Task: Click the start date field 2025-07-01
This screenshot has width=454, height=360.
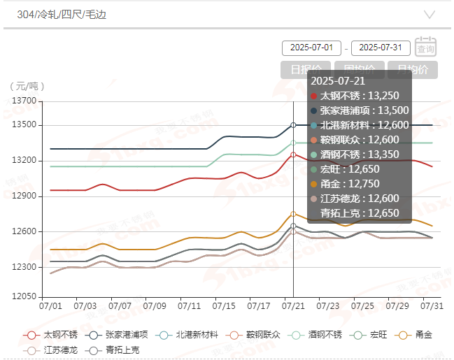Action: (311, 48)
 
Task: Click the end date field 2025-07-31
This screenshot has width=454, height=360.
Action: (381, 48)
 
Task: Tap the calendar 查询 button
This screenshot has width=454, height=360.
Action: (425, 46)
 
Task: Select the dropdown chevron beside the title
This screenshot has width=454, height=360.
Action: (430, 14)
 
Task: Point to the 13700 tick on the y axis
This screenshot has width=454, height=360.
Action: (24, 101)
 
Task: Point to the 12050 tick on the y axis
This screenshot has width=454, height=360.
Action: (24, 296)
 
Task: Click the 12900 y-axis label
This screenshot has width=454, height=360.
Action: (24, 196)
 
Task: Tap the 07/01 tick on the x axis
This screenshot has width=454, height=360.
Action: (50, 306)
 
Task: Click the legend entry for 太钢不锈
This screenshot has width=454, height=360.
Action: (53, 335)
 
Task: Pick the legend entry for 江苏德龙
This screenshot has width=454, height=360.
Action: (53, 349)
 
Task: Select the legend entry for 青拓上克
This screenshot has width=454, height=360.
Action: (116, 349)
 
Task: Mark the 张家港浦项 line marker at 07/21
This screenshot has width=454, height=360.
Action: (293, 125)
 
